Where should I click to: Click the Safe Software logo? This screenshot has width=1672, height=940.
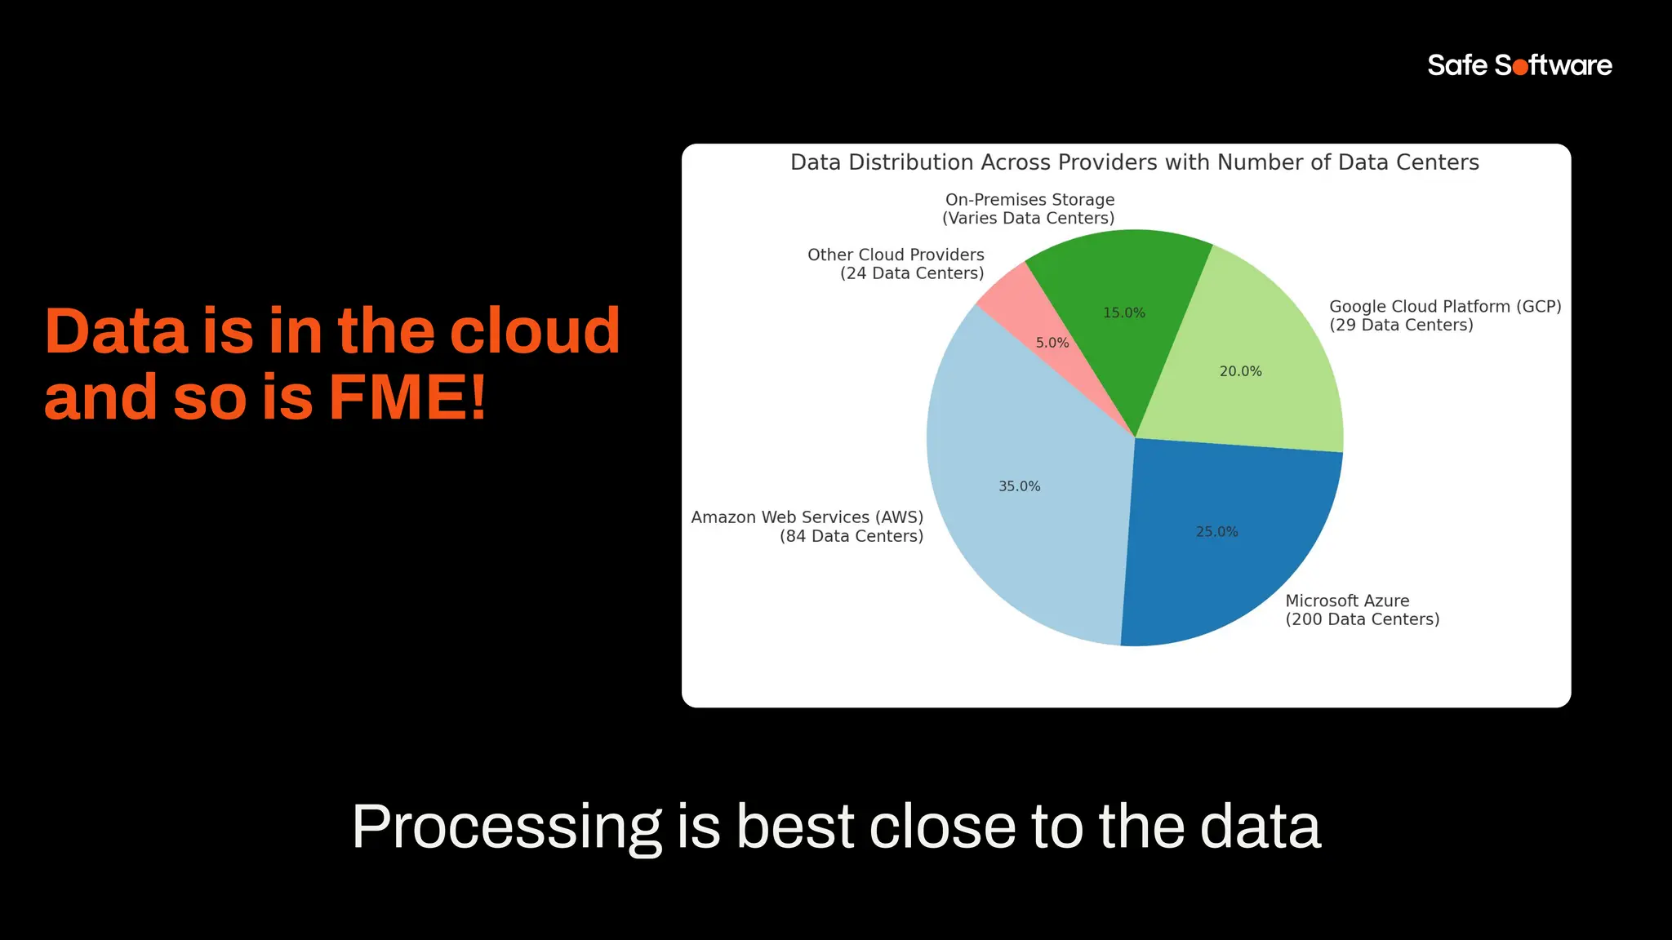(x=1519, y=65)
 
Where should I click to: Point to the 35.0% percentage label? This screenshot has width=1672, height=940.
(x=1019, y=486)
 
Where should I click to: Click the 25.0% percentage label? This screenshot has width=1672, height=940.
(x=1216, y=531)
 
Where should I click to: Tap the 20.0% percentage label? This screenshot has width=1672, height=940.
(x=1240, y=371)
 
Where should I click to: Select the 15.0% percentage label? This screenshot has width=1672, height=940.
(x=1123, y=313)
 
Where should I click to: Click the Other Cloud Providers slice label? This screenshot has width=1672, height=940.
(x=896, y=255)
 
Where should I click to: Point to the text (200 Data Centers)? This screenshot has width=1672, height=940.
(x=1362, y=619)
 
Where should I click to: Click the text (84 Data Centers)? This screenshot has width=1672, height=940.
(x=851, y=536)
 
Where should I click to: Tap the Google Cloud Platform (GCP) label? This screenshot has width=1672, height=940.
(x=1444, y=307)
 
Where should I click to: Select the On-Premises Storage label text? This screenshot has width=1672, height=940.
(x=1029, y=200)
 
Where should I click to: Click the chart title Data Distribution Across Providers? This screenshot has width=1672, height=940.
(x=1134, y=162)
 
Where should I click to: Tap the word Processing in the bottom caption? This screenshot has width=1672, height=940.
(x=506, y=827)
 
